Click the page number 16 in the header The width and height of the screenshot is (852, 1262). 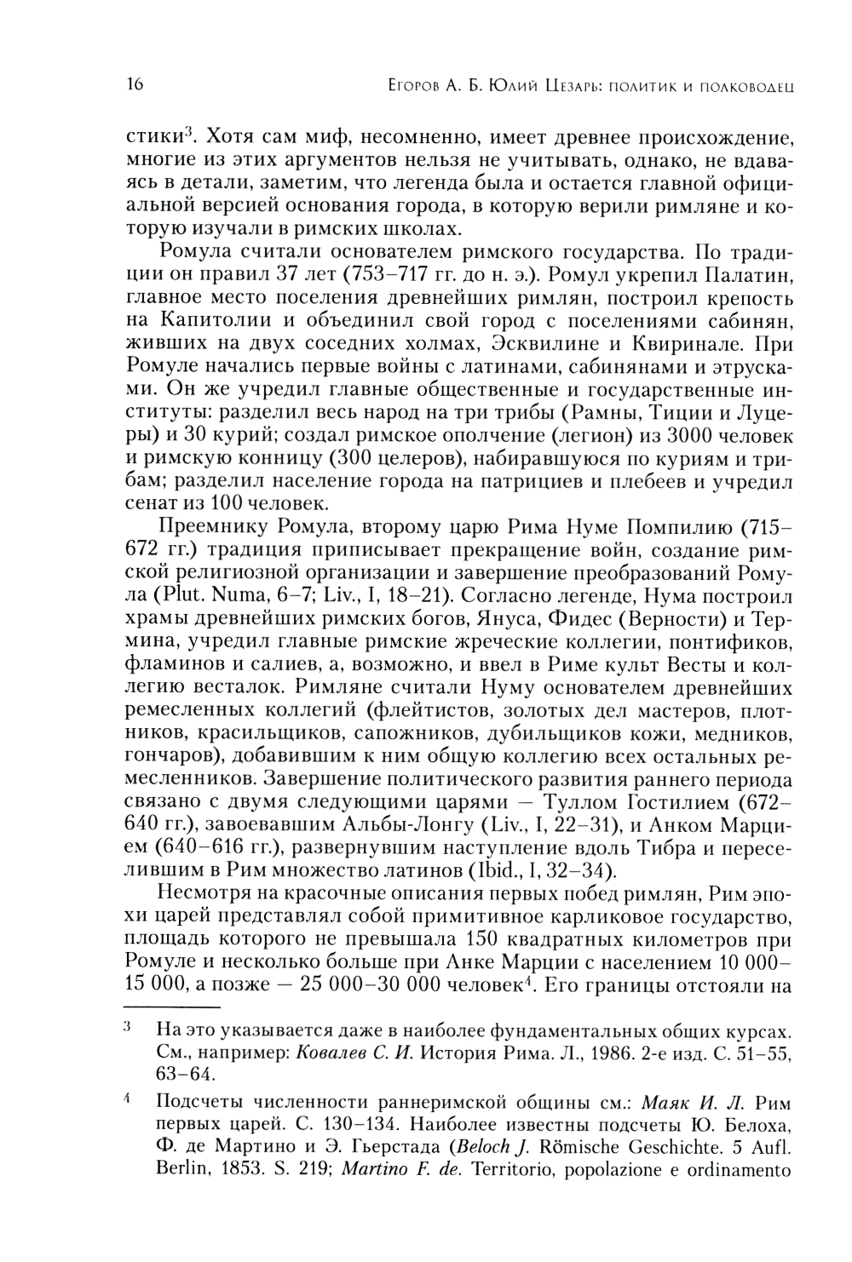point(135,84)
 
